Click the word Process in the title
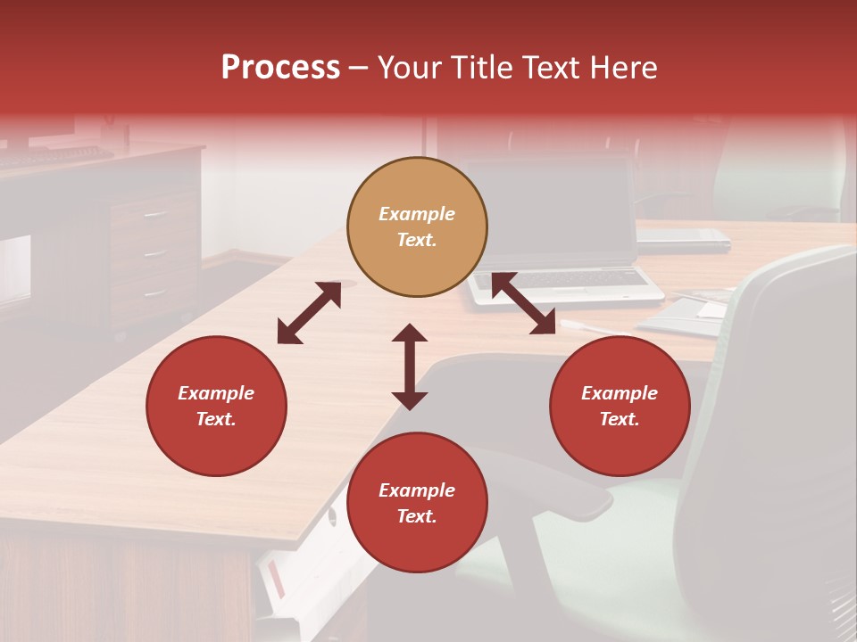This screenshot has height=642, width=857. click(x=280, y=68)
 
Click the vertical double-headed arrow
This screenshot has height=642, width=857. click(x=410, y=366)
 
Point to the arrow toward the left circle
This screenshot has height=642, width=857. click(x=309, y=313)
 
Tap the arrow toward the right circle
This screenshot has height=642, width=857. click(x=523, y=303)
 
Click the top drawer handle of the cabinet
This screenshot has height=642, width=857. click(x=155, y=214)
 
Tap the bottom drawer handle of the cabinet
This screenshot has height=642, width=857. click(x=155, y=292)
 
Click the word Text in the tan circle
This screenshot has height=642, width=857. click(x=416, y=240)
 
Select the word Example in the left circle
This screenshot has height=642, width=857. click(x=216, y=393)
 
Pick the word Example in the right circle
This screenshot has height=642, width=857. click(x=620, y=393)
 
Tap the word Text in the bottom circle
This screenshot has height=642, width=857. click(x=416, y=516)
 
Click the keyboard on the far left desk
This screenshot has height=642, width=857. click(x=54, y=156)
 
